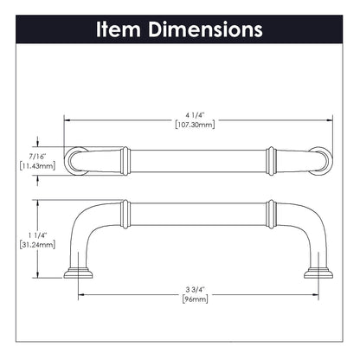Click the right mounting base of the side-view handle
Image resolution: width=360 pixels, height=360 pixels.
(315, 276)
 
